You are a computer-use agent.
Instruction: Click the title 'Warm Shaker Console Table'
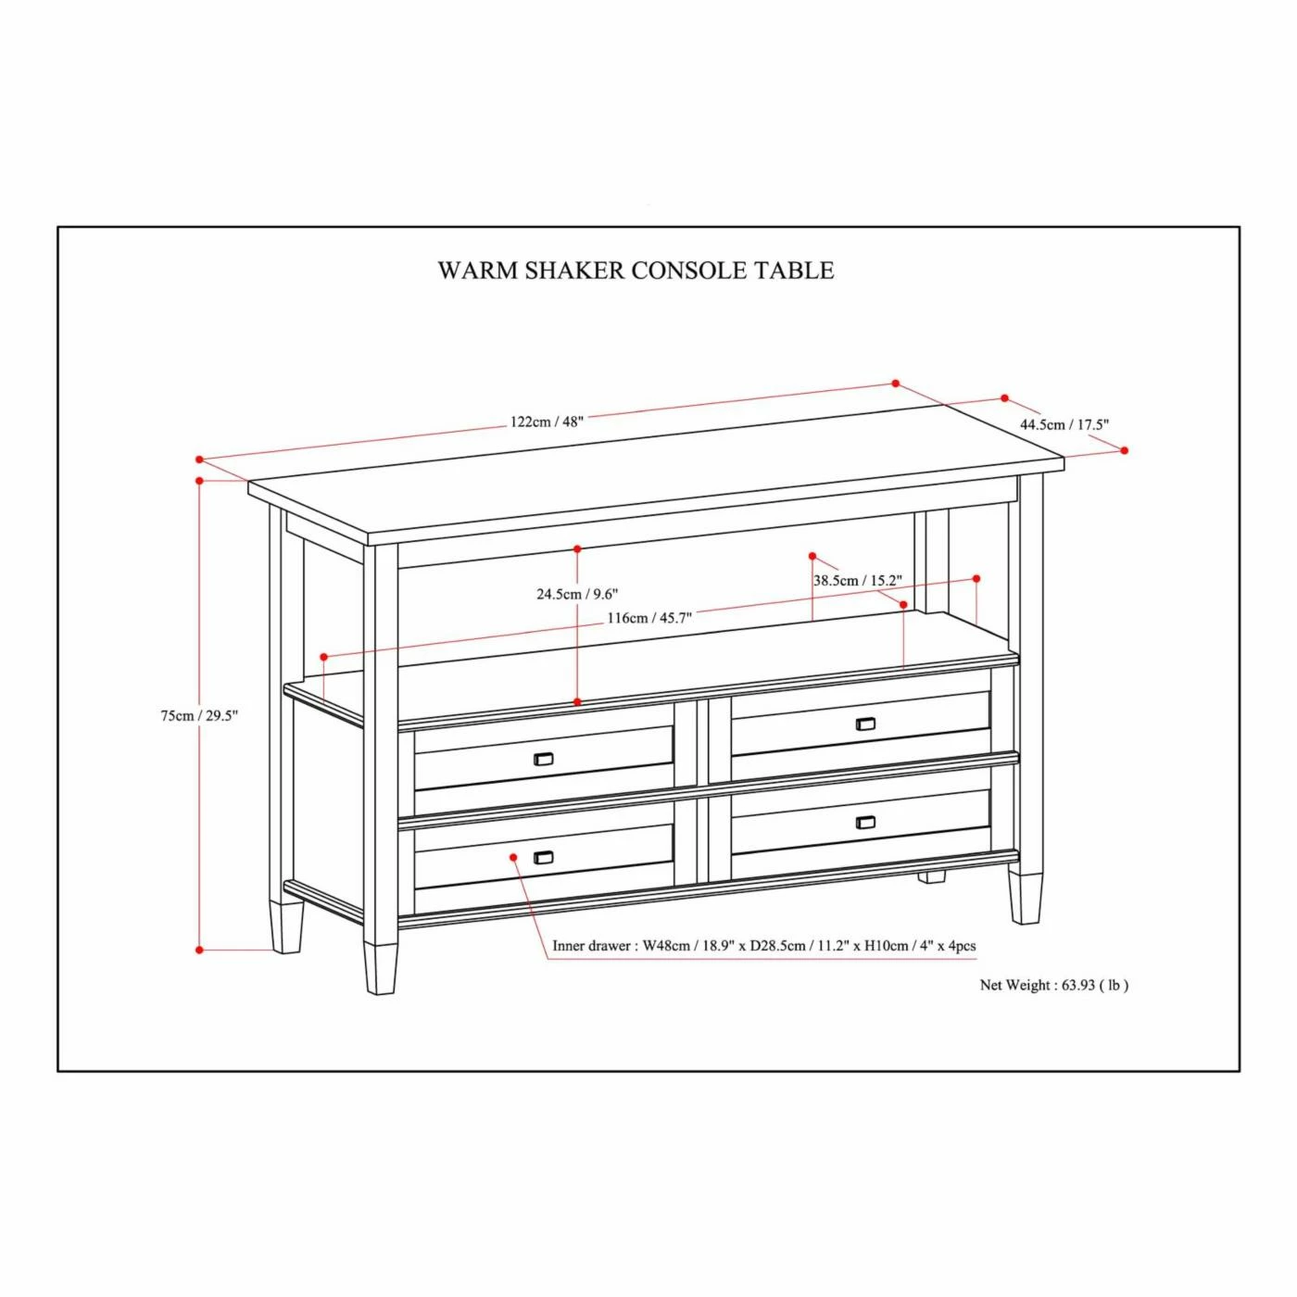click(x=636, y=271)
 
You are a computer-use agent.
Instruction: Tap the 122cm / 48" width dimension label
click(x=547, y=422)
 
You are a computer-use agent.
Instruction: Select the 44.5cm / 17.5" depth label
click(x=1064, y=424)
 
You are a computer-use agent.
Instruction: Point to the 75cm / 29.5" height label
click(x=199, y=715)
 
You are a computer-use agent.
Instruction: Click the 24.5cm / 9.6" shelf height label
click(x=577, y=594)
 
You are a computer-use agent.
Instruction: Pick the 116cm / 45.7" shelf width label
click(x=649, y=618)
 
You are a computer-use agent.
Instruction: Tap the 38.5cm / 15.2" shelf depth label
click(x=857, y=581)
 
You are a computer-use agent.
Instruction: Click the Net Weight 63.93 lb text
click(x=1054, y=985)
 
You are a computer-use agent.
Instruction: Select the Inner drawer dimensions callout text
click(x=764, y=946)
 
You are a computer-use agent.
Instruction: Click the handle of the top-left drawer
click(x=544, y=760)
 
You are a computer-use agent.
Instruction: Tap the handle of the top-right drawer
click(x=865, y=724)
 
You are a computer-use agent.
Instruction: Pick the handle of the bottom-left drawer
click(x=544, y=858)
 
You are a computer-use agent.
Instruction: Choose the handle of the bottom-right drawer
click(x=865, y=822)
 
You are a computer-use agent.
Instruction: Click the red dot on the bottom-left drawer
click(x=513, y=857)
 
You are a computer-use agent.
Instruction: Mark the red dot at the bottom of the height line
click(x=199, y=950)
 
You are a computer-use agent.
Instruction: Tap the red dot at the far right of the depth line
click(x=1125, y=450)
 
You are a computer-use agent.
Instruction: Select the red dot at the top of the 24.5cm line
click(x=577, y=549)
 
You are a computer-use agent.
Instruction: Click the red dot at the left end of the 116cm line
click(x=323, y=657)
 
